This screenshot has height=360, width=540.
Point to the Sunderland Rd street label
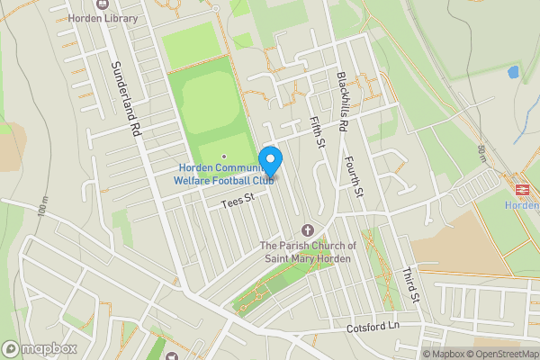125,100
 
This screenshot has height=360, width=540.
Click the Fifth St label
315,131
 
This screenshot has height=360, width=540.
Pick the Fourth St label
353,176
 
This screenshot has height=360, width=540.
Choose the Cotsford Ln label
372,328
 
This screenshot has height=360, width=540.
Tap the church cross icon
308,230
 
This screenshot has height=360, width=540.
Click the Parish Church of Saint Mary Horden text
308,253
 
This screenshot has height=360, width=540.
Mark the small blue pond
513,71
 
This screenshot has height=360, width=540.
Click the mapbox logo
39,349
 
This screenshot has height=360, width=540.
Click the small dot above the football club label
224,156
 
